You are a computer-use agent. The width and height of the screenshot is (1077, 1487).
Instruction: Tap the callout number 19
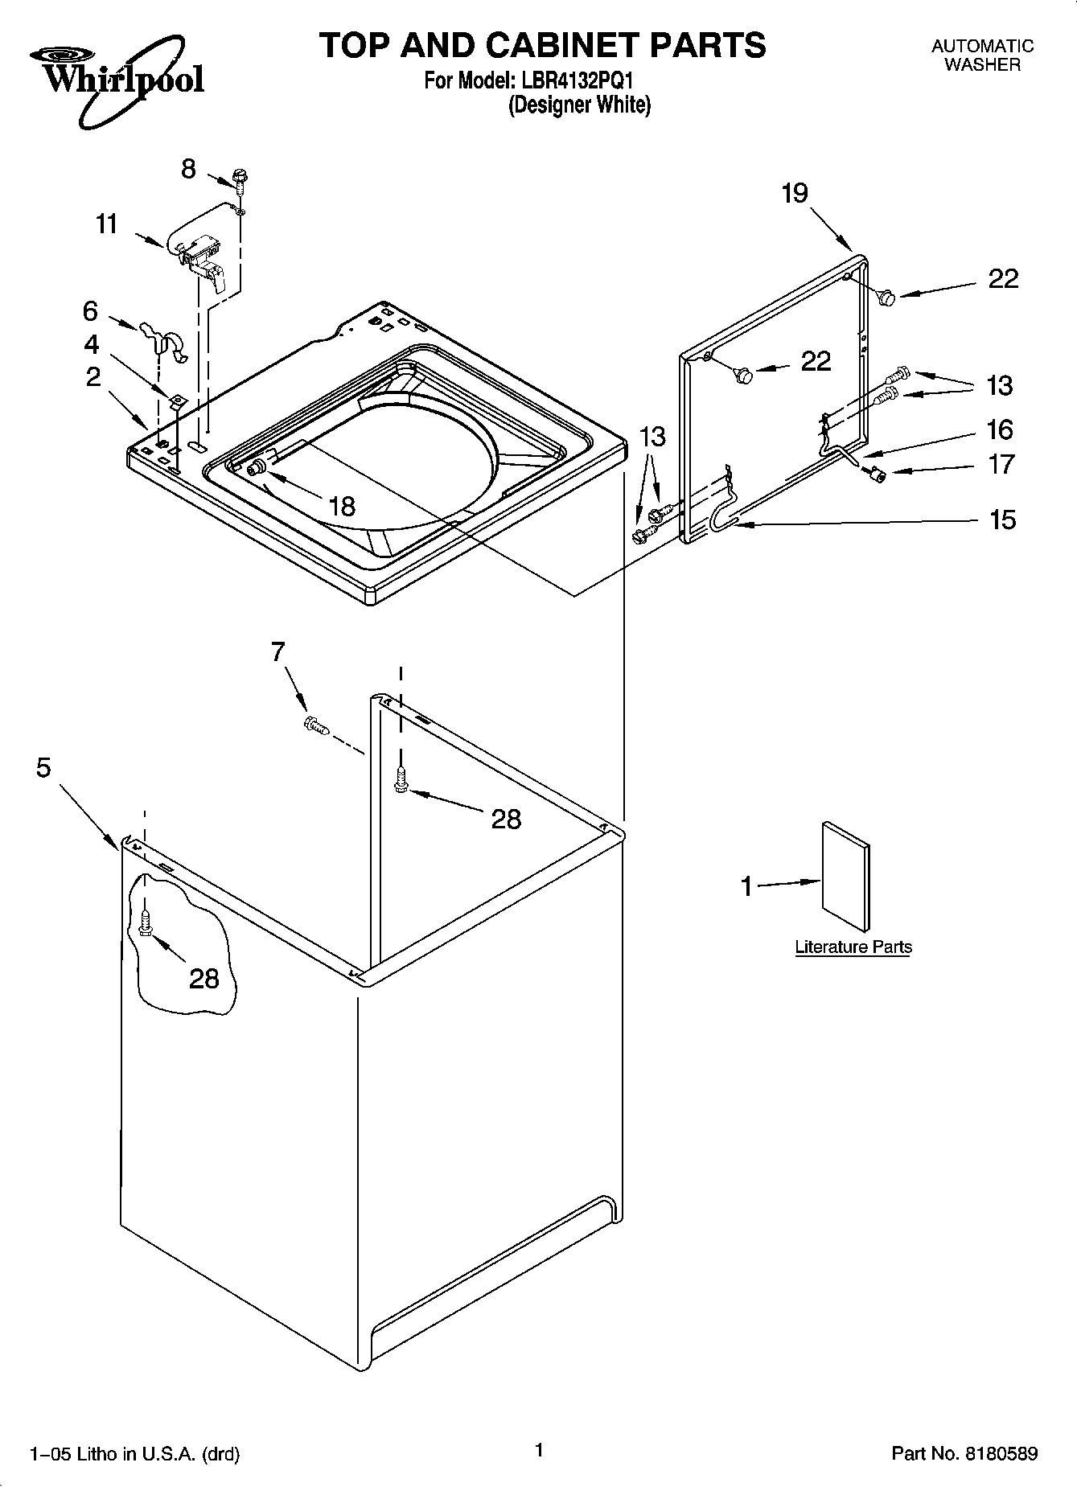click(795, 194)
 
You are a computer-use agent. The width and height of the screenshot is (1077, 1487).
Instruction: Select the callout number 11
click(106, 224)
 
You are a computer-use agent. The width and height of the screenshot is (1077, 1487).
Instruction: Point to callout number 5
click(43, 768)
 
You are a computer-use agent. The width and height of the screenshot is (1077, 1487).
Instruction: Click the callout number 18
click(342, 506)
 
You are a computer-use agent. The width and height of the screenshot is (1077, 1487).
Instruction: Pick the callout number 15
click(1003, 520)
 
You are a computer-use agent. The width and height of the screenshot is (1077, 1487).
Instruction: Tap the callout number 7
click(277, 652)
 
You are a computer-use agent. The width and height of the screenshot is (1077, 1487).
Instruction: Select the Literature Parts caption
click(853, 947)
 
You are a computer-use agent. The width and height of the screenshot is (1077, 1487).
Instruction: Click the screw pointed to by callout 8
click(240, 179)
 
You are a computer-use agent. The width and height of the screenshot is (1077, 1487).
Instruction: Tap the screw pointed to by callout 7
click(317, 725)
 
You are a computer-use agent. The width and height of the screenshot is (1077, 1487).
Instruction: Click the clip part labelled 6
click(163, 340)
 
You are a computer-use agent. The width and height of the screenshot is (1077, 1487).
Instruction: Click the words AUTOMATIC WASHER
click(982, 55)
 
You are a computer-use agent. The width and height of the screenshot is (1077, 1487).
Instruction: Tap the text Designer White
click(579, 105)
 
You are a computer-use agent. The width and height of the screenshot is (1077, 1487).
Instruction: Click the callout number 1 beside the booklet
click(746, 886)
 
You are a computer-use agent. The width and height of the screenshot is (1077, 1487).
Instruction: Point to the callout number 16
click(1000, 429)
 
